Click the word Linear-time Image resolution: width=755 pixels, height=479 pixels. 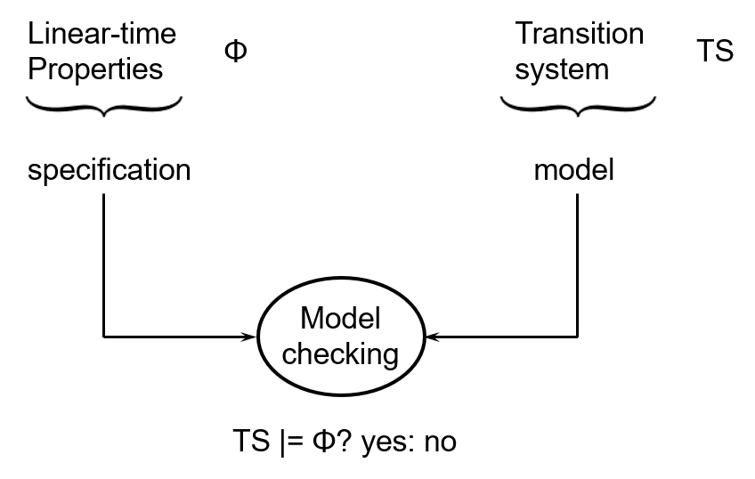(x=102, y=34)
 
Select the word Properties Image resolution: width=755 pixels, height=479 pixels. (x=95, y=69)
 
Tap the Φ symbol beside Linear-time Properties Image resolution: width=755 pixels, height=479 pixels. (x=235, y=52)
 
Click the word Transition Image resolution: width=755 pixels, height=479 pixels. (x=580, y=34)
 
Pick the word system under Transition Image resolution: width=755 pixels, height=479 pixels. (x=562, y=69)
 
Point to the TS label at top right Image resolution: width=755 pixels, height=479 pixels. (x=714, y=52)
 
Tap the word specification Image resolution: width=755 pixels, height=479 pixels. (x=109, y=169)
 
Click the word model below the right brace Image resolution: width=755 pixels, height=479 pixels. (x=573, y=169)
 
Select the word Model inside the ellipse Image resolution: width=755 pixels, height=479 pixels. (x=340, y=319)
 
